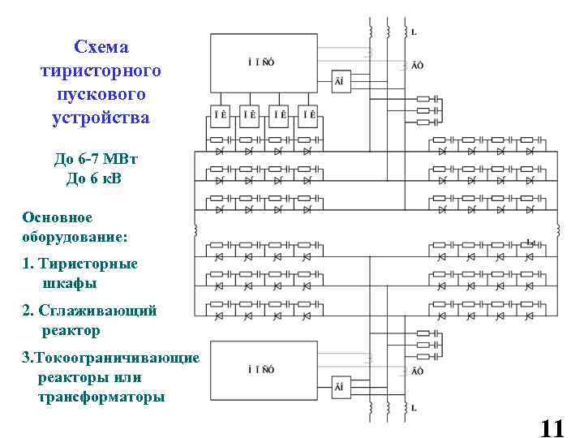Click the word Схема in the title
101,46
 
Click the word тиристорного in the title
101,71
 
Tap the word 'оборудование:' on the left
75,238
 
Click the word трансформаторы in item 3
101,397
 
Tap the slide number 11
551,427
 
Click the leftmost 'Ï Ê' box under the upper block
219,116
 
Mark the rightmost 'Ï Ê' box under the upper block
309,116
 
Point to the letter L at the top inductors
414,32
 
